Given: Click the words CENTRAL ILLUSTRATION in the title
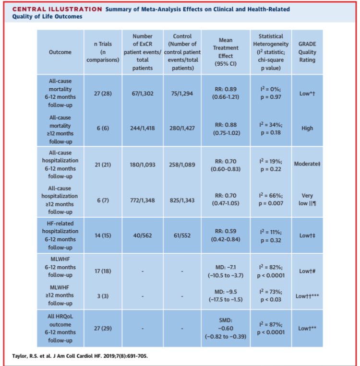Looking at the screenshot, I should point(53,9).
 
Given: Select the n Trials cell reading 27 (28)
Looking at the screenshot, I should point(102,93).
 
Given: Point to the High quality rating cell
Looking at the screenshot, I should point(307,128).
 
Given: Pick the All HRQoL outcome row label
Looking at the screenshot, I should point(61,328).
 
